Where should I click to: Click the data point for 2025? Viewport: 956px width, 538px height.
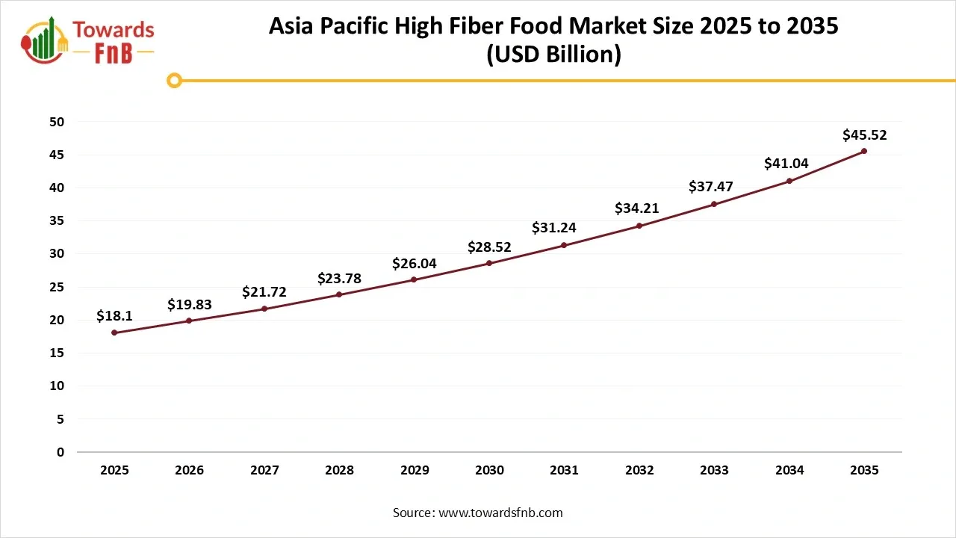[114, 333]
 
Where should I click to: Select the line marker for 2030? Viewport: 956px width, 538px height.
[489, 263]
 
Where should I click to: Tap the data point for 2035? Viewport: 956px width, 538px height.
[864, 151]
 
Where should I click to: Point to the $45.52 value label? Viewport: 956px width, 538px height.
[864, 135]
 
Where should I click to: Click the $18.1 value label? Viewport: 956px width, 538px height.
[114, 317]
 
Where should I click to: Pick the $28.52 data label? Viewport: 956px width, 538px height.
[489, 247]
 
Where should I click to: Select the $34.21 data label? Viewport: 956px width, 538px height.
[639, 208]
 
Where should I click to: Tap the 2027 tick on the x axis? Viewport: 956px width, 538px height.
[264, 470]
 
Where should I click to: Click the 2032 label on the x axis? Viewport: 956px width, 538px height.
[639, 470]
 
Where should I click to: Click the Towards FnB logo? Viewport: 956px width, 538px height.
[88, 40]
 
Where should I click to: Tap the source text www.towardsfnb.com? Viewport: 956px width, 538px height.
[500, 513]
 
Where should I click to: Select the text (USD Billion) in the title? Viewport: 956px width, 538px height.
[553, 55]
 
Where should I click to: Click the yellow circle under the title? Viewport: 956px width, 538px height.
[174, 80]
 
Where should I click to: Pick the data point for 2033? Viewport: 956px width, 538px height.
[714, 204]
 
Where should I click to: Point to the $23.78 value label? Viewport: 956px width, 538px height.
[339, 279]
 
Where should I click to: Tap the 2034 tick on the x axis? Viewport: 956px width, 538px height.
[789, 470]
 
